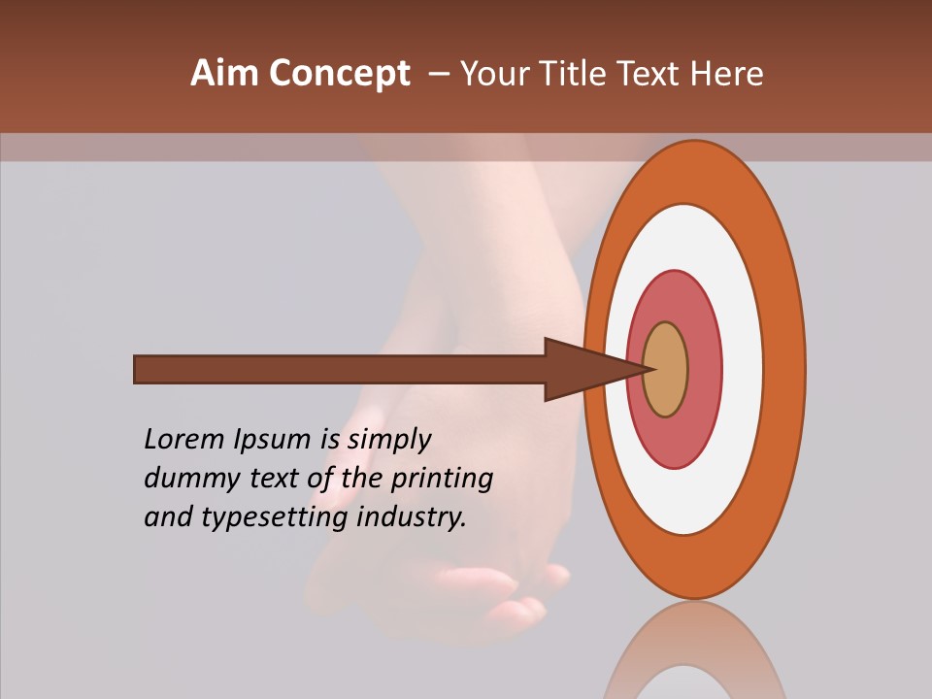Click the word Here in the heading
point(726,74)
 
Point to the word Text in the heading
point(652,74)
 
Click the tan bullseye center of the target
point(665,370)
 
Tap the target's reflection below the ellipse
point(693,655)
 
